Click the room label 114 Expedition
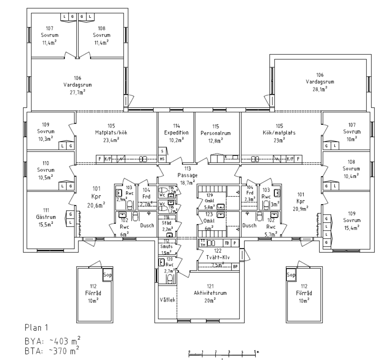[176, 133]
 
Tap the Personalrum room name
[216, 133]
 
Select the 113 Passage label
[188, 175]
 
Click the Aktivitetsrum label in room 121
[210, 293]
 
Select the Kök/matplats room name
[280, 133]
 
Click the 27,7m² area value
[77, 92]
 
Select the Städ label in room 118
[167, 223]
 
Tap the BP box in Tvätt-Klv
[235, 266]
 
